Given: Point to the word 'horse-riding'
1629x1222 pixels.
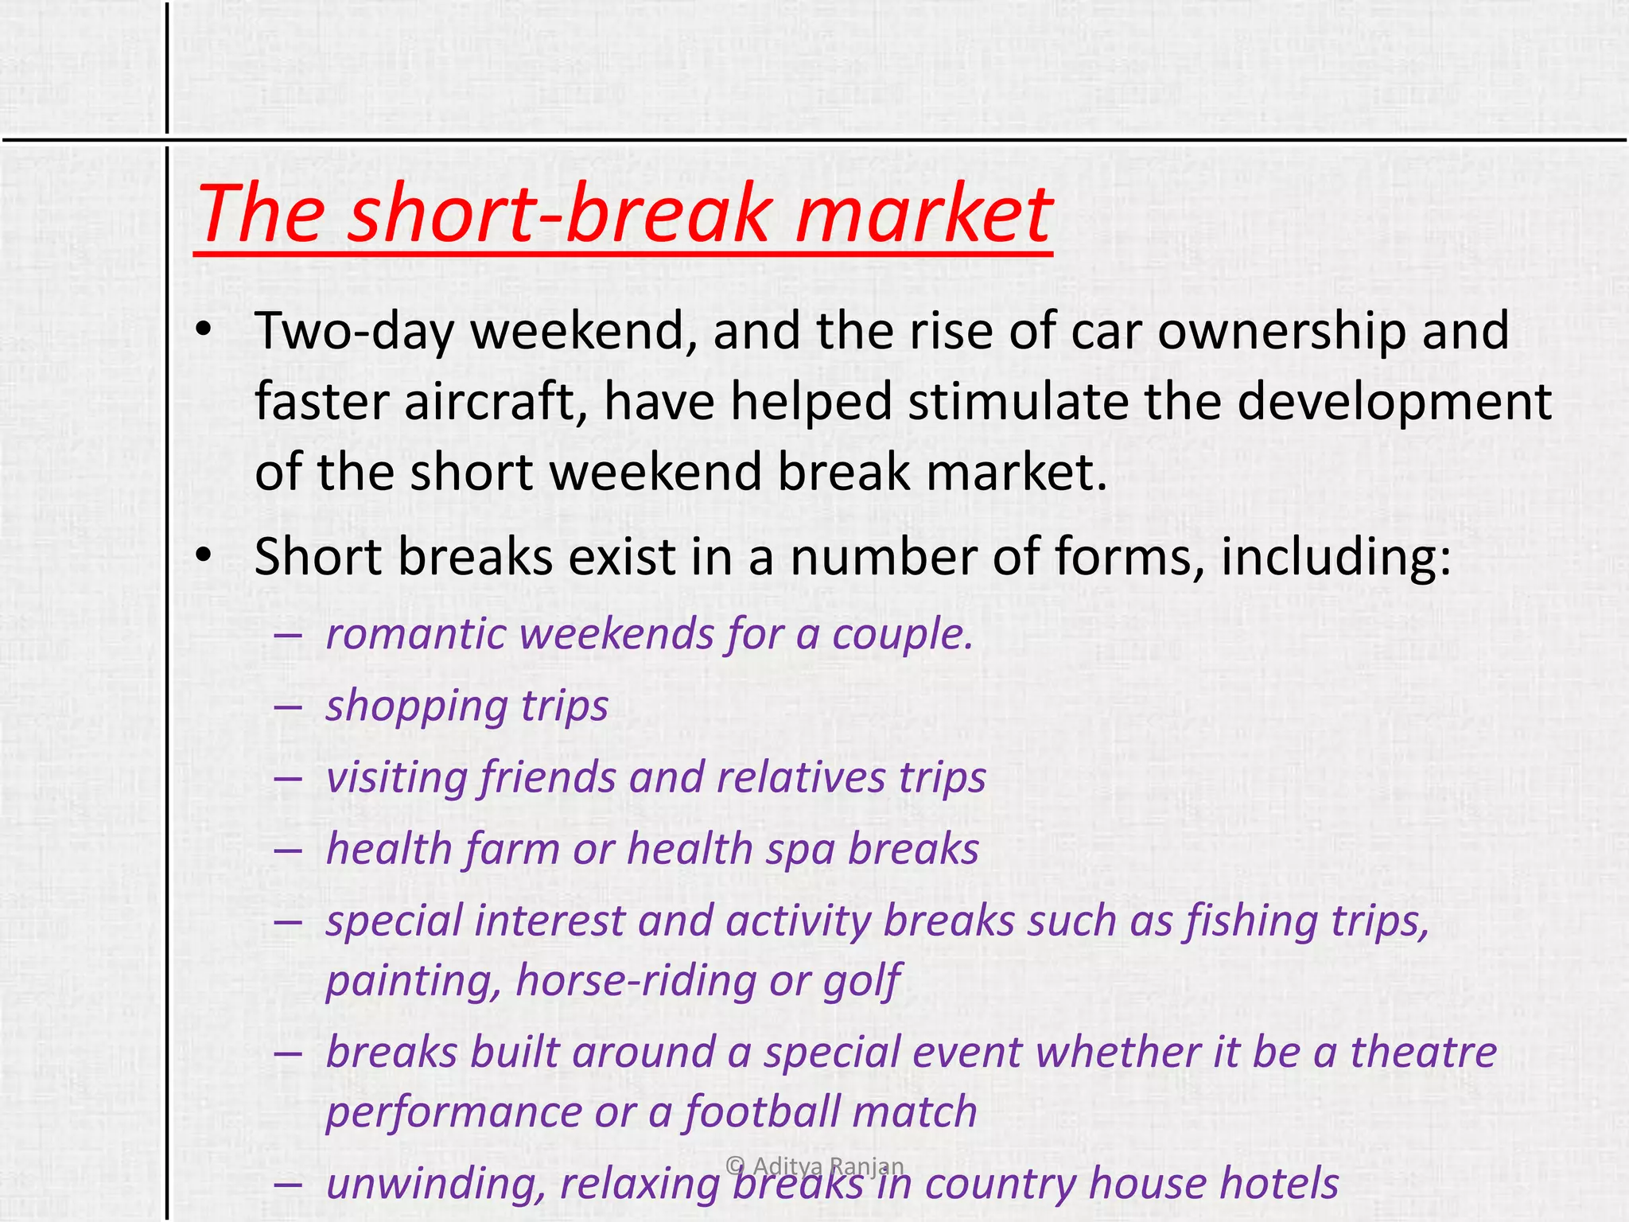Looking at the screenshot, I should (635, 980).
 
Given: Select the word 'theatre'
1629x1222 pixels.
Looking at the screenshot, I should (1424, 1052).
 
